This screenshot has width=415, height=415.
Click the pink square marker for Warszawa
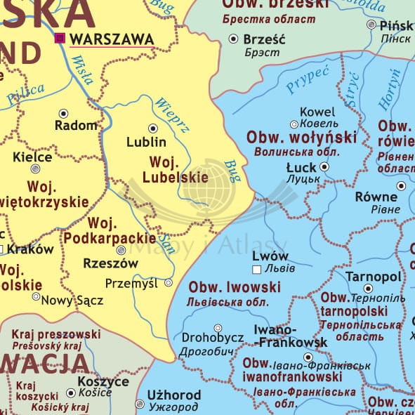[x=60, y=38]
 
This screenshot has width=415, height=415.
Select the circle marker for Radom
[x=64, y=112]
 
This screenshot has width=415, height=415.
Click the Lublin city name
[x=146, y=142]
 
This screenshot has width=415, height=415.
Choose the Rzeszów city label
[x=110, y=264]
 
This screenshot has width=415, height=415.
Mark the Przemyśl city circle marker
[x=169, y=283]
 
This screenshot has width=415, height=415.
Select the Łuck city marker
[x=324, y=167]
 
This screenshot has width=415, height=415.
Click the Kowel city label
[x=317, y=112]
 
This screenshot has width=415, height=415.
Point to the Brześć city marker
[x=234, y=39]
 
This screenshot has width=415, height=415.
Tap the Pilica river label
[x=26, y=93]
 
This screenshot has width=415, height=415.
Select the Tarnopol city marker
[x=369, y=288]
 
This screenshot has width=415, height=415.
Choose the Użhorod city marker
[x=140, y=404]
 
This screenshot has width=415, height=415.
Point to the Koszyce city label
[x=103, y=381]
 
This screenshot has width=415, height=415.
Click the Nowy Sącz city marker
[x=36, y=296]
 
